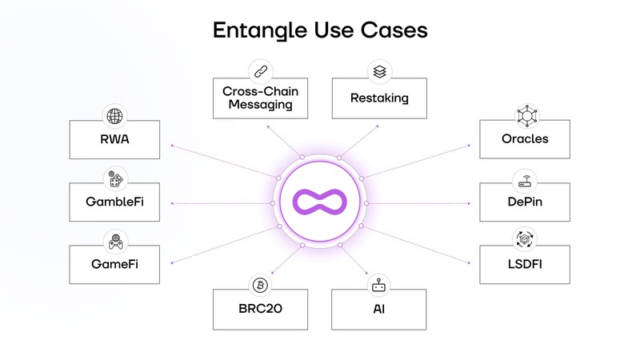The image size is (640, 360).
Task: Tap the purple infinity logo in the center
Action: click(x=320, y=204)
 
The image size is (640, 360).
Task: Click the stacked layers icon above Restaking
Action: click(x=379, y=70)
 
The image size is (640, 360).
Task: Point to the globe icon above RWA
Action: click(x=115, y=116)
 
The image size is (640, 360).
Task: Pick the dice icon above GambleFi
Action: click(x=115, y=178)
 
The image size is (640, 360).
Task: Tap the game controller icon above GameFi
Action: click(x=115, y=239)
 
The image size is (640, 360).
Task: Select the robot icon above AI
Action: click(x=379, y=285)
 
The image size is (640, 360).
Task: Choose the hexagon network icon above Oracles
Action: click(x=525, y=114)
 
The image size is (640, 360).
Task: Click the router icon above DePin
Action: click(x=525, y=178)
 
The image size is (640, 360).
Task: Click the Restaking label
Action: click(x=379, y=98)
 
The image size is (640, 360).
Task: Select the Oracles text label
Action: click(x=525, y=139)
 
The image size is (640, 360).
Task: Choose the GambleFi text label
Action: click(x=115, y=202)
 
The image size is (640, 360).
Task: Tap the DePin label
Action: click(x=525, y=202)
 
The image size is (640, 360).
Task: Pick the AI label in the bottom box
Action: click(x=379, y=308)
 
